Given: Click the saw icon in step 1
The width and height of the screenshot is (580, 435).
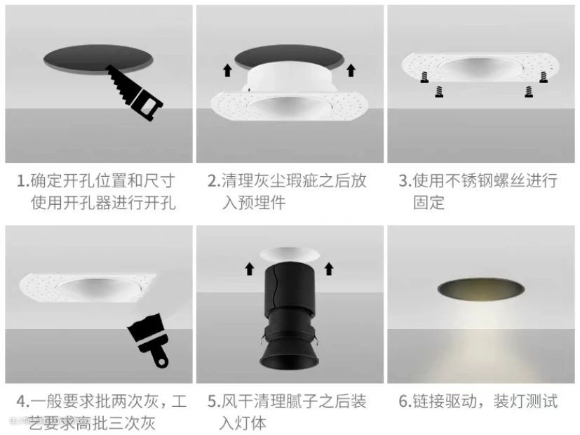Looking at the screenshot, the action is (x=134, y=93).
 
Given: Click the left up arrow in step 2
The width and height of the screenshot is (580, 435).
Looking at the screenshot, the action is (x=227, y=70).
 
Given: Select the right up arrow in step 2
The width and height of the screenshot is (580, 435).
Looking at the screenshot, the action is (x=351, y=70).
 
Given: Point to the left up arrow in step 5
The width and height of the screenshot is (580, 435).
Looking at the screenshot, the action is (x=250, y=269).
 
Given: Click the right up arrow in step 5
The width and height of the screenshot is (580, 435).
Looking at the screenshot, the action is (x=329, y=269).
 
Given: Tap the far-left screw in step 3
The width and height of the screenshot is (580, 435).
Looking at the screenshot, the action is (x=424, y=77).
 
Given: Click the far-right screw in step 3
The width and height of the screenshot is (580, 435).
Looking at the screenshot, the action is (x=544, y=77).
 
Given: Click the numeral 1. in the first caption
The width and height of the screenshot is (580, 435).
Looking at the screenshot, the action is (x=23, y=181).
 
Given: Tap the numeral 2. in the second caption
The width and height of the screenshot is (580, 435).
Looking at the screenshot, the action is (x=214, y=181).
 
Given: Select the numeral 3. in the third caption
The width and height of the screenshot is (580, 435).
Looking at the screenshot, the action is (x=405, y=181).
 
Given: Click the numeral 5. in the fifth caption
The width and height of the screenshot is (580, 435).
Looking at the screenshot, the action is (x=214, y=402).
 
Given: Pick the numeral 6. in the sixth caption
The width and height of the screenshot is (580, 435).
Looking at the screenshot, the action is (x=405, y=402).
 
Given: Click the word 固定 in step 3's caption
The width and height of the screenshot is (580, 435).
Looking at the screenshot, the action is (x=429, y=202).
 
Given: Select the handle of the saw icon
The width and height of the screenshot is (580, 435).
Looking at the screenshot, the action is (x=148, y=105).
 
